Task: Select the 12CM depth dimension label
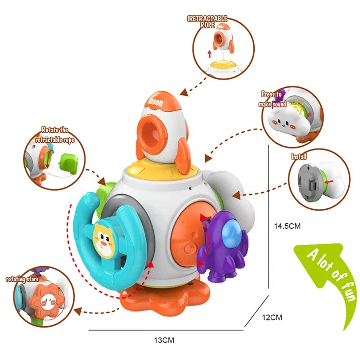(x=272, y=317)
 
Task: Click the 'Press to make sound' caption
(x=273, y=99)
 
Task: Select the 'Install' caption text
(x=299, y=157)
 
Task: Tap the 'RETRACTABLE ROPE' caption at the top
(x=207, y=21)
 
